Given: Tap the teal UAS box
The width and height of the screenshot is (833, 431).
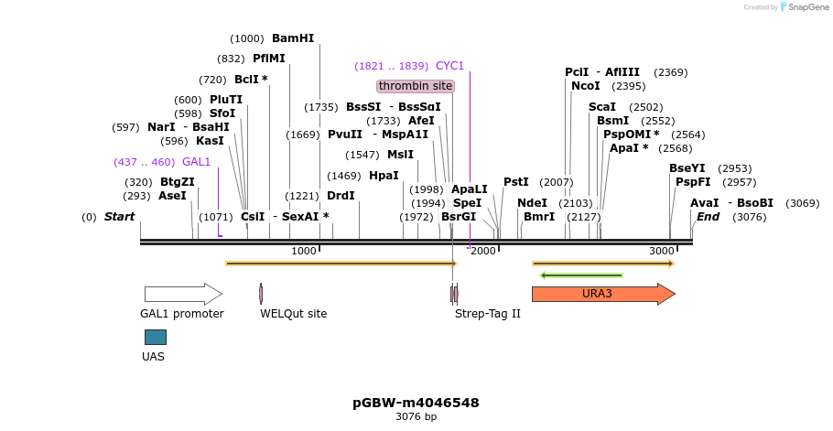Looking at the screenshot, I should tap(156, 337).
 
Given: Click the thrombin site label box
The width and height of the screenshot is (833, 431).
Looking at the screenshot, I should tap(416, 86).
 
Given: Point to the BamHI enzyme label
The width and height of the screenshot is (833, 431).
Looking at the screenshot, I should tap(293, 38).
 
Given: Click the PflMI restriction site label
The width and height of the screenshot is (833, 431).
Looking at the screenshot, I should tap(269, 59).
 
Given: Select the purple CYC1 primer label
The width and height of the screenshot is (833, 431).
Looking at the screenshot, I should tap(449, 66).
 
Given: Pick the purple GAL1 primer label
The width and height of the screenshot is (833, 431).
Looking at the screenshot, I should tap(196, 162).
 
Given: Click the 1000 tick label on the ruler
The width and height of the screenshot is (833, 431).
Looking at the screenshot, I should tap(304, 251).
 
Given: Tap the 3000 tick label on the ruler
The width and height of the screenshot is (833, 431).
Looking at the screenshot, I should tap(661, 251).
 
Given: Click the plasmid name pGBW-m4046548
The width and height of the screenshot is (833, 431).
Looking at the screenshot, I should tap(416, 403).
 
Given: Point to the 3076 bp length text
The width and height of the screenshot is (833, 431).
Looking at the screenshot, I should tap(416, 417).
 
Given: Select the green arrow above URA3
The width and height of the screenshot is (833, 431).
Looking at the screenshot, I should tap(581, 275).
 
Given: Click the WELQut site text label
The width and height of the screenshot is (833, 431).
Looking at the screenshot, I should tap(293, 314).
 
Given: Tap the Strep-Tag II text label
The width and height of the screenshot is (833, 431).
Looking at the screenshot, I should tap(488, 314).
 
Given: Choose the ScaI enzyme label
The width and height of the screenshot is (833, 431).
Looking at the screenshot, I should tap(602, 107).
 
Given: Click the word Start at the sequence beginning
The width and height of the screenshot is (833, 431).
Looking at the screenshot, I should tap(119, 217).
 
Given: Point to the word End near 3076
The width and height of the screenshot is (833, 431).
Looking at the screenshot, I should tap(708, 217).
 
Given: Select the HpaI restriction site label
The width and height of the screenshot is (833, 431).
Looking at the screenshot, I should tap(384, 176).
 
